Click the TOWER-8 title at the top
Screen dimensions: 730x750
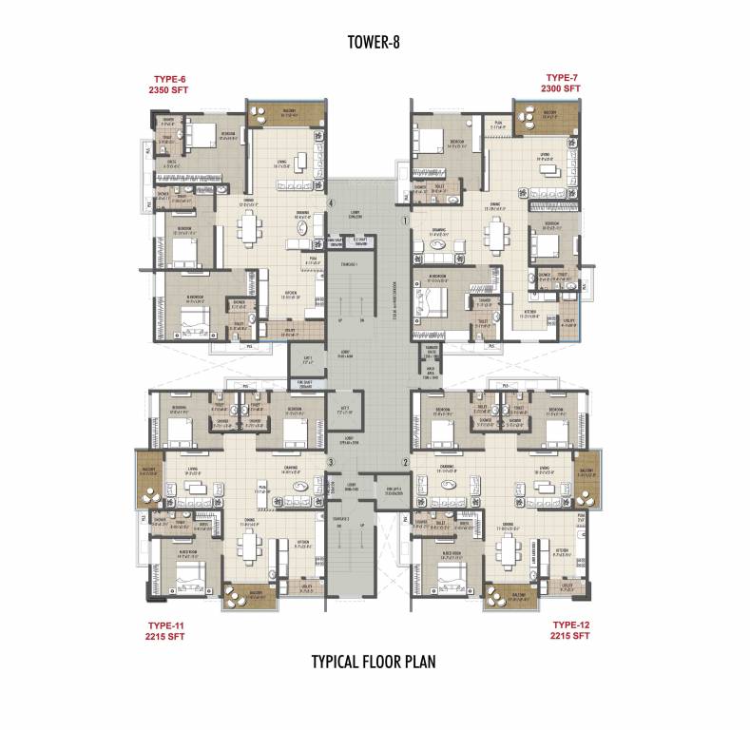[373, 42]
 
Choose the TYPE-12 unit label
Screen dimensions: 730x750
[571, 624]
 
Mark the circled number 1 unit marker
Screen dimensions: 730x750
[406, 220]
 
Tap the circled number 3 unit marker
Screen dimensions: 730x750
[330, 462]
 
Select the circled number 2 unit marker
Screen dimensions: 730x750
[406, 462]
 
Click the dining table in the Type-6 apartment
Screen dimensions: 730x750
[250, 228]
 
